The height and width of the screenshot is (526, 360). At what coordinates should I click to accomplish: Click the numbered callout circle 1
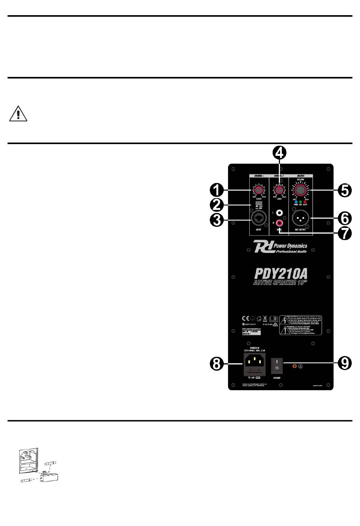(218, 190)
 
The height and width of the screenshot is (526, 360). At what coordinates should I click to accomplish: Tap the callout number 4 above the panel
(280, 153)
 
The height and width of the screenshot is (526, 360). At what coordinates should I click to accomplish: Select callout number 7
(344, 233)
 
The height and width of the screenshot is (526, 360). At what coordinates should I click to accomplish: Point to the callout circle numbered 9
(344, 363)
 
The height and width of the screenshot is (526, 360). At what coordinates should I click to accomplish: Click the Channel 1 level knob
(259, 190)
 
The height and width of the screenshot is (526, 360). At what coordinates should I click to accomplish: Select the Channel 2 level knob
(279, 189)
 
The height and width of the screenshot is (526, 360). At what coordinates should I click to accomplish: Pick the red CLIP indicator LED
(305, 202)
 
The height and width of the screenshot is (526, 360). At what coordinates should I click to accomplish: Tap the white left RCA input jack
(280, 214)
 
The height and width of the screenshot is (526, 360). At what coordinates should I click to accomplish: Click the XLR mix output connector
(301, 218)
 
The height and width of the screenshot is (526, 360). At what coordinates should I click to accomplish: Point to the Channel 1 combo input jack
(259, 219)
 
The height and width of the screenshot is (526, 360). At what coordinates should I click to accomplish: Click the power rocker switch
(277, 365)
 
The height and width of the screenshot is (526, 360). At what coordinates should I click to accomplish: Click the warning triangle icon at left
(18, 114)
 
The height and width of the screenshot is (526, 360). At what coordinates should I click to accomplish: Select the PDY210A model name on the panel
(280, 274)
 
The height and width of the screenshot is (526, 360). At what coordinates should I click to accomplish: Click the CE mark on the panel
(246, 318)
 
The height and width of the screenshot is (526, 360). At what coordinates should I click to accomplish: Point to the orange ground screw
(294, 366)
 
